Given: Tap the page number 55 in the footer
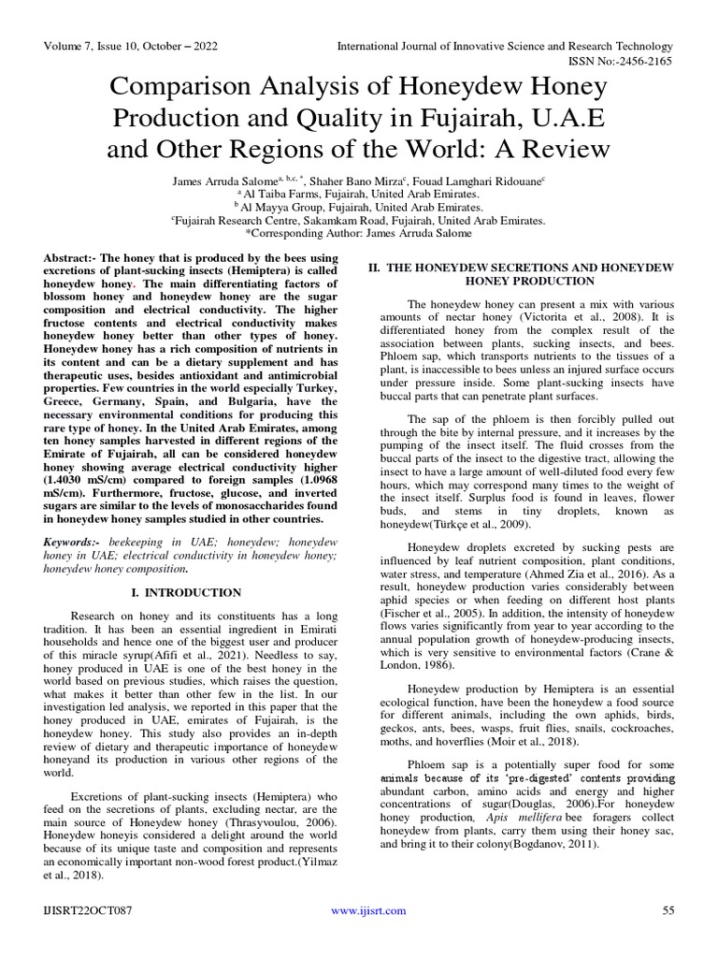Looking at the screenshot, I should (x=668, y=910).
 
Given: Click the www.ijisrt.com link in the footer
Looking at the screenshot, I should (x=368, y=910).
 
